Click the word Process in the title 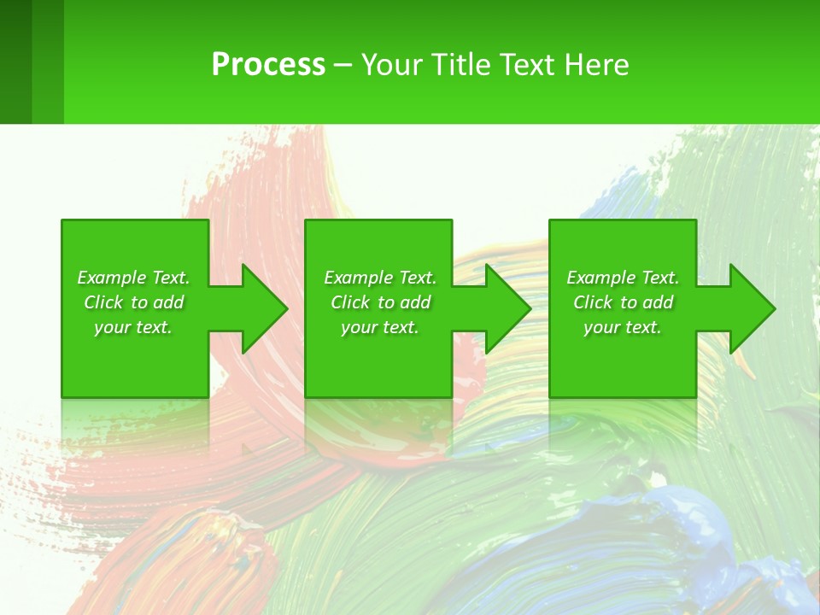268,65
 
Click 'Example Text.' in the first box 133,278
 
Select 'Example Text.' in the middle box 379,278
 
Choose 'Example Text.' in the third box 623,278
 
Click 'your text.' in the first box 133,327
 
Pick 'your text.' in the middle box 379,327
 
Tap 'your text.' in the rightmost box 623,327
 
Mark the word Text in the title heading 528,65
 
